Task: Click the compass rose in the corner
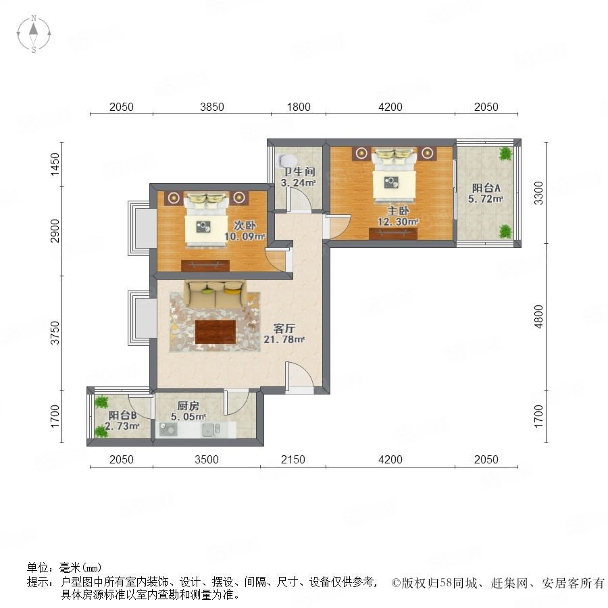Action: point(34,34)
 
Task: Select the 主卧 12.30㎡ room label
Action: point(398,216)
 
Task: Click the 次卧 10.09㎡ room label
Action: point(245,231)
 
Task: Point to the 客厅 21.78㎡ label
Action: point(284,334)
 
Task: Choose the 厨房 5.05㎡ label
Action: point(188,411)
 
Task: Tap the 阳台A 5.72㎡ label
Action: point(486,193)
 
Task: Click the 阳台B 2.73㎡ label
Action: point(122,421)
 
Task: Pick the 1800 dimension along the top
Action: point(299,107)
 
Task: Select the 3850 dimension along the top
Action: point(212,107)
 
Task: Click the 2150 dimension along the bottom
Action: point(293,459)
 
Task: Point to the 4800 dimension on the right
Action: point(538,317)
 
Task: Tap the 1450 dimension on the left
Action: point(55,164)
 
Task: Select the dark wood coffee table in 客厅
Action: point(216,332)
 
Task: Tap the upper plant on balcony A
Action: point(505,154)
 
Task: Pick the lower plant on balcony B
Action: point(101,431)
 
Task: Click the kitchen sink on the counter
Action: point(211,430)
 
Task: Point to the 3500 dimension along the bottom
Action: point(207,459)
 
